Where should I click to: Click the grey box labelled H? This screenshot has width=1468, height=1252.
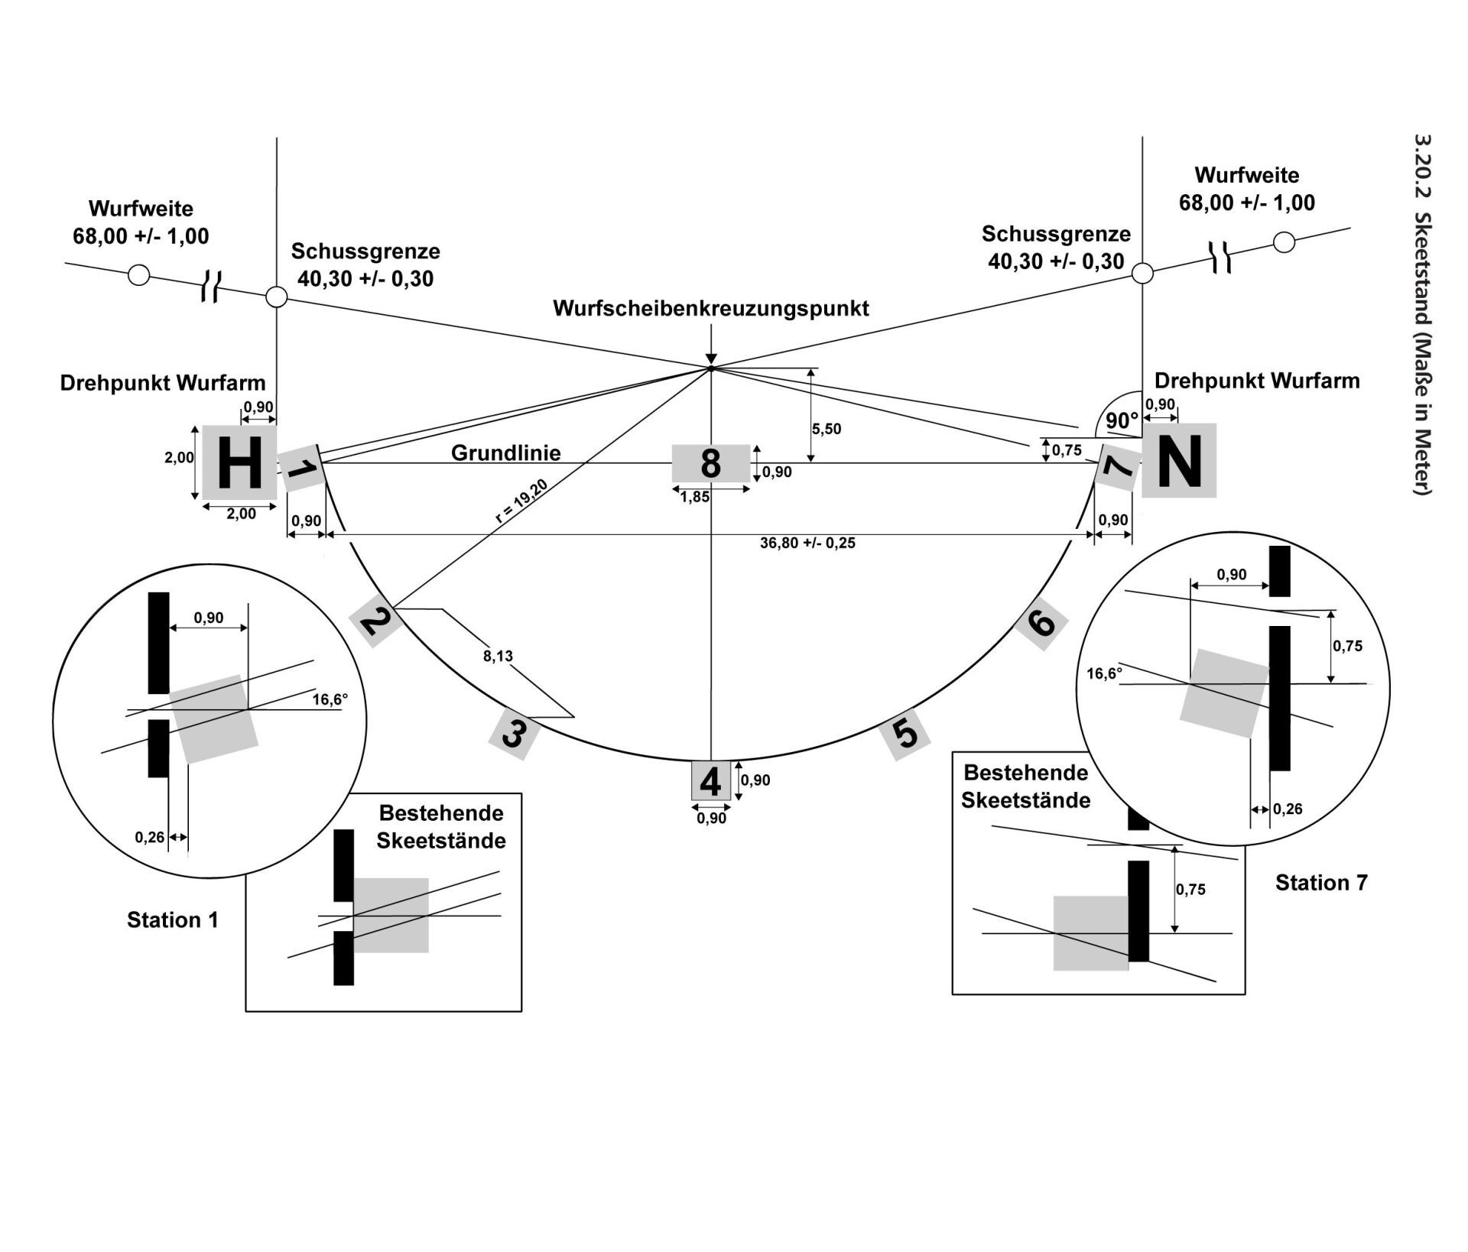point(239,463)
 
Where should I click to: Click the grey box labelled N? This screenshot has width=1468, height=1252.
point(1179,461)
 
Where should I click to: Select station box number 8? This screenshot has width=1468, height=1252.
point(710,463)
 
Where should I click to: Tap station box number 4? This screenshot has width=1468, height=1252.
point(711,781)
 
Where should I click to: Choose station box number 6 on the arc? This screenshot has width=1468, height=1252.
point(1041,624)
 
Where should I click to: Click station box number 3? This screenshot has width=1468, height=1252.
point(514,734)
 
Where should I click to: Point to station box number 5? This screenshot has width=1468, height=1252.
point(905,734)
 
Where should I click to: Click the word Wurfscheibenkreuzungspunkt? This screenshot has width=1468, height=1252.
point(711,309)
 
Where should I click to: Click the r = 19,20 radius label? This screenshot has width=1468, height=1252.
point(521,501)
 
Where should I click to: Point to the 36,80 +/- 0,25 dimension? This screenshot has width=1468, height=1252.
point(807,543)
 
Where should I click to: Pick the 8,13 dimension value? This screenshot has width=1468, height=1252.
point(498,656)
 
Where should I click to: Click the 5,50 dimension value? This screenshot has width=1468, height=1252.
point(827,429)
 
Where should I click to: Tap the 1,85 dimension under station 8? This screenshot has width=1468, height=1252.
point(694,498)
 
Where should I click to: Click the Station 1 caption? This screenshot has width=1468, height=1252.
point(173,920)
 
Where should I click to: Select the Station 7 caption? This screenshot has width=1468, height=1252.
point(1321,883)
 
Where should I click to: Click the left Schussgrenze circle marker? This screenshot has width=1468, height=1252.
point(276,297)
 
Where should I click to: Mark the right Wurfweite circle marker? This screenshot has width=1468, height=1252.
point(1284,242)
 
